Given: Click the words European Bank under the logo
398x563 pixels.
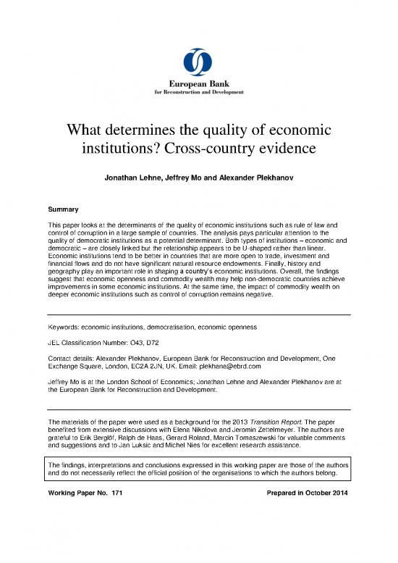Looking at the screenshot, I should (x=199, y=85).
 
